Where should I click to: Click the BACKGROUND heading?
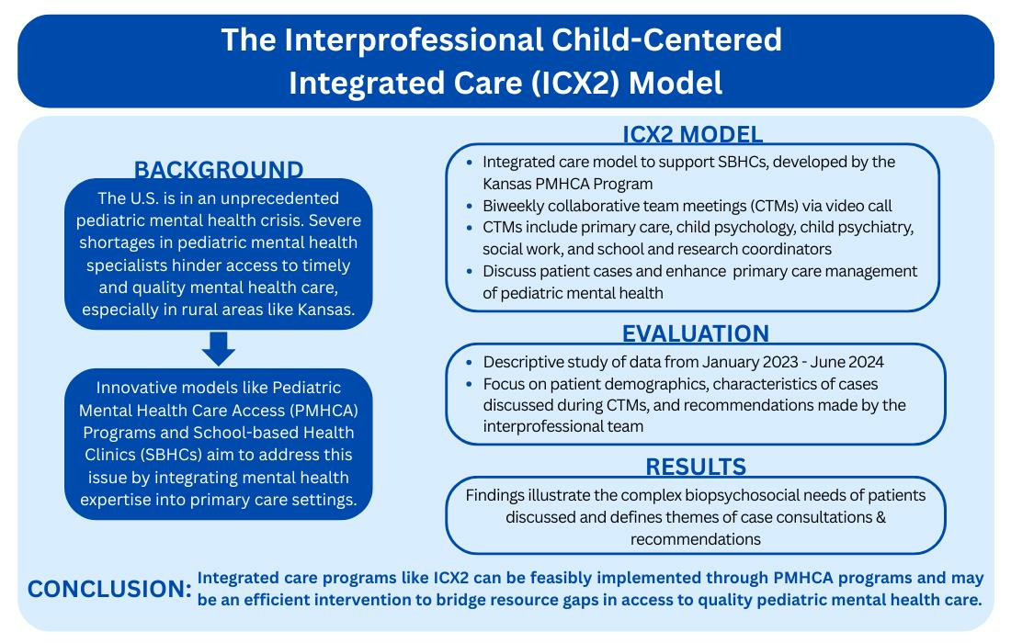[x=219, y=169]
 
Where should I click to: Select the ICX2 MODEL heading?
[x=692, y=134]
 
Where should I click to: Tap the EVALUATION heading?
[x=696, y=333]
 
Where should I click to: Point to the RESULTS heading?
[x=696, y=467]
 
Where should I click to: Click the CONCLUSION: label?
[x=109, y=589]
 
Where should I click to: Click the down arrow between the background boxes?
[x=219, y=348]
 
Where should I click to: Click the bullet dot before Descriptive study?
[x=469, y=362]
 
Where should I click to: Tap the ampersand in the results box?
[x=880, y=517]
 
